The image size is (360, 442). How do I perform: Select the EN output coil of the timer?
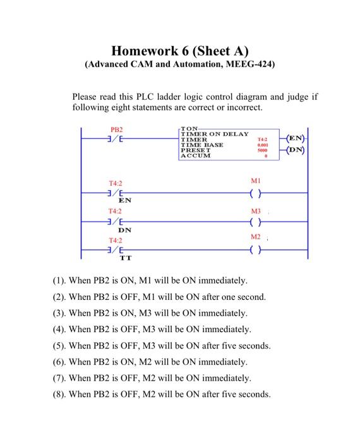pos(296,138)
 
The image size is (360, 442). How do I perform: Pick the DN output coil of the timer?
pos(296,150)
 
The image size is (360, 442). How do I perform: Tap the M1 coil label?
pos(255,181)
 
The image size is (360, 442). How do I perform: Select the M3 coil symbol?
pos(255,222)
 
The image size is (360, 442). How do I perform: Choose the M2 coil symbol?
pos(255,249)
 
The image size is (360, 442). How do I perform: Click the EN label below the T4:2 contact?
pos(117,200)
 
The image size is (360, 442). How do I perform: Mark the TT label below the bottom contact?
pos(117,258)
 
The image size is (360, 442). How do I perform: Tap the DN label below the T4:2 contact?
pos(117,230)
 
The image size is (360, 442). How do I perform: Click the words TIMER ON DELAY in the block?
pos(215,134)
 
